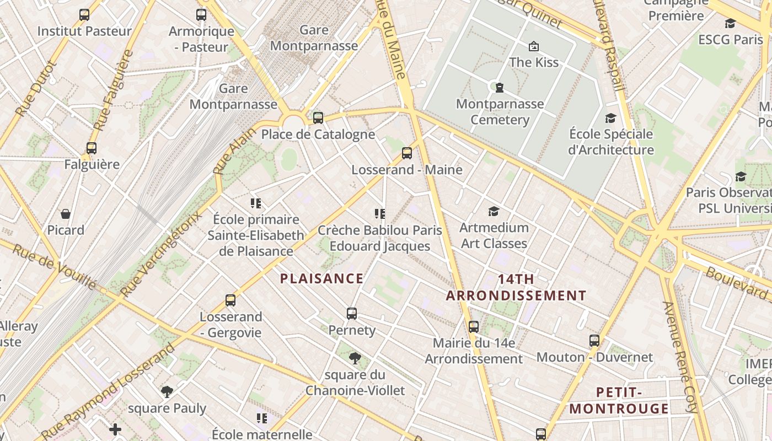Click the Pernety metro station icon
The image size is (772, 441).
click(x=352, y=314)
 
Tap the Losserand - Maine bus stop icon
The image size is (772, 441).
click(x=407, y=153)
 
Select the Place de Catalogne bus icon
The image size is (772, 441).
click(x=318, y=117)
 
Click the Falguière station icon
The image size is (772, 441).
click(x=92, y=148)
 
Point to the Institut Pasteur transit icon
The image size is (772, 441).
click(x=84, y=15)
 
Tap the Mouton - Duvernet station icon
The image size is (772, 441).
click(x=594, y=341)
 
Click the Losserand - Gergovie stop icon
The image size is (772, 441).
click(x=230, y=300)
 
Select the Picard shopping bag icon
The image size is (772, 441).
click(x=66, y=214)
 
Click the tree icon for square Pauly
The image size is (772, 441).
click(x=167, y=392)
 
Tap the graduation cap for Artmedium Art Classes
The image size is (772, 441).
click(x=494, y=211)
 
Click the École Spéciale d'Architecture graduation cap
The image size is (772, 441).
click(x=610, y=118)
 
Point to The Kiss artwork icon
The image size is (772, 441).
click(x=533, y=46)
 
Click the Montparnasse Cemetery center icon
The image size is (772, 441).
click(x=499, y=87)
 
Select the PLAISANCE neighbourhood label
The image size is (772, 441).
click(x=322, y=279)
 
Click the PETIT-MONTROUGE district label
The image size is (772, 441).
click(x=619, y=401)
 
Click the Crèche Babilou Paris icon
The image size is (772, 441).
click(x=379, y=214)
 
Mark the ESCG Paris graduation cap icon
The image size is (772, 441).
click(x=730, y=24)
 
